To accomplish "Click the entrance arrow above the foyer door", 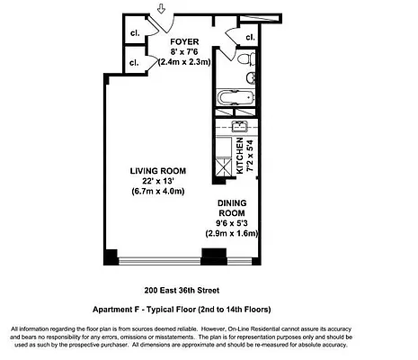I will click(159, 10).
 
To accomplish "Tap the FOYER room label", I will click(184, 40).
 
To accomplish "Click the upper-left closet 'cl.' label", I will click(133, 36).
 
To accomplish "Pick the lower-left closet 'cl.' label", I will click(133, 63).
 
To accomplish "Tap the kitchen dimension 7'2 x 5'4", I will click(251, 156).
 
